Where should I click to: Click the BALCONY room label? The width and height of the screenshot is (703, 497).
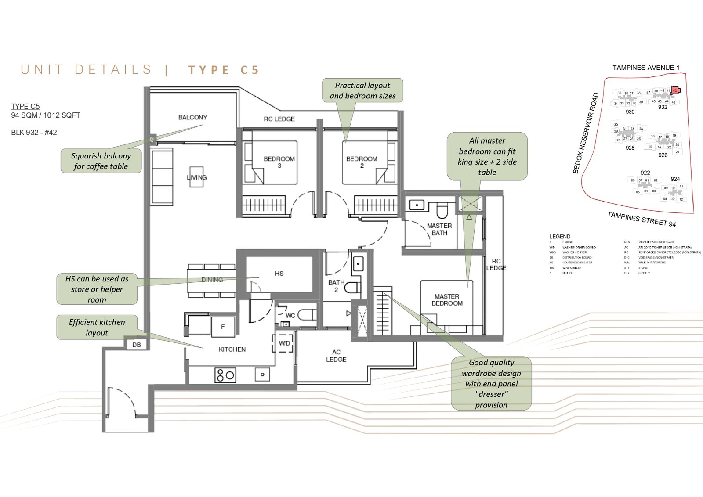pos(192,117)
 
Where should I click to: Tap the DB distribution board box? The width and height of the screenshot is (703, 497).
pos(137,345)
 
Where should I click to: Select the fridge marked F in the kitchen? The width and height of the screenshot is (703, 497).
pos(223,327)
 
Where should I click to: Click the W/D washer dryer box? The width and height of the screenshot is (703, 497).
pos(284,343)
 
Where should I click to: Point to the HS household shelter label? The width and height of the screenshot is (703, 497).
pos(279,274)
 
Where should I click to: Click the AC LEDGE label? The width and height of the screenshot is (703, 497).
pos(336,356)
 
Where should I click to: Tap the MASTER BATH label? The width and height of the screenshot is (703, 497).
pos(439,229)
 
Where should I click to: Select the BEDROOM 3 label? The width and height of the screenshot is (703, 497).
pos(279,162)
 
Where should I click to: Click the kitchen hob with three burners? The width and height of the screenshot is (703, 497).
pos(225,375)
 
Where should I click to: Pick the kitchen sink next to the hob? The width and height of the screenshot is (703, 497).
pos(262,375)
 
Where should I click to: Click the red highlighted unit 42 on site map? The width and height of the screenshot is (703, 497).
pos(676,90)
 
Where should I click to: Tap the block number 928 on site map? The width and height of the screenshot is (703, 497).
pos(630,148)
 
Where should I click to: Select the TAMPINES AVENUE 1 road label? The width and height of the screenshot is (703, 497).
pos(646,68)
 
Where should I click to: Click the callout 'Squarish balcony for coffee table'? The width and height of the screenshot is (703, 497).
pos(101,161)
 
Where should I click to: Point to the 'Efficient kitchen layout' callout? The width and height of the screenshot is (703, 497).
pos(97,328)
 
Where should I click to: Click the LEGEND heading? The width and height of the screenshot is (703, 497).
pos(560,236)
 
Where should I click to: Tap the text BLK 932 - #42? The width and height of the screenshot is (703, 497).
pos(34,133)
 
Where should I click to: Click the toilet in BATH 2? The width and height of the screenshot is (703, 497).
pos(352,288)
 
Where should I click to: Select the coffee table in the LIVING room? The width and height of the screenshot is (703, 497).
pos(196,177)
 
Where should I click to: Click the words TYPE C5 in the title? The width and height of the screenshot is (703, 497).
pos(224,70)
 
